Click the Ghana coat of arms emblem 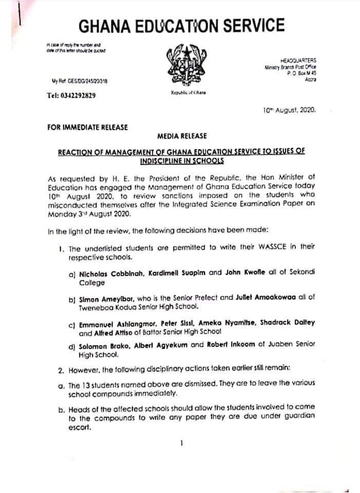pyautogui.click(x=185, y=66)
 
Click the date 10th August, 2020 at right pyautogui.click(x=292, y=109)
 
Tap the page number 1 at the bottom pyautogui.click(x=182, y=444)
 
